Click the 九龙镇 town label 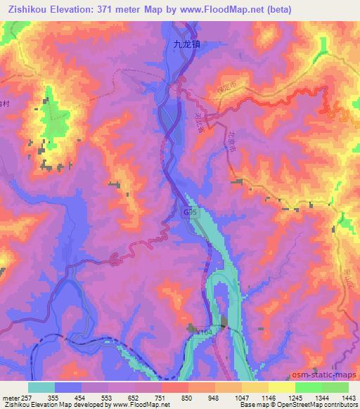tap(188, 44)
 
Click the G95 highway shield tap(190, 210)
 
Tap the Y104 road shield tap(205, 330)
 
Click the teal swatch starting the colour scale tap(41, 387)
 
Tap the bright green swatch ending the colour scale tap(335, 387)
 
